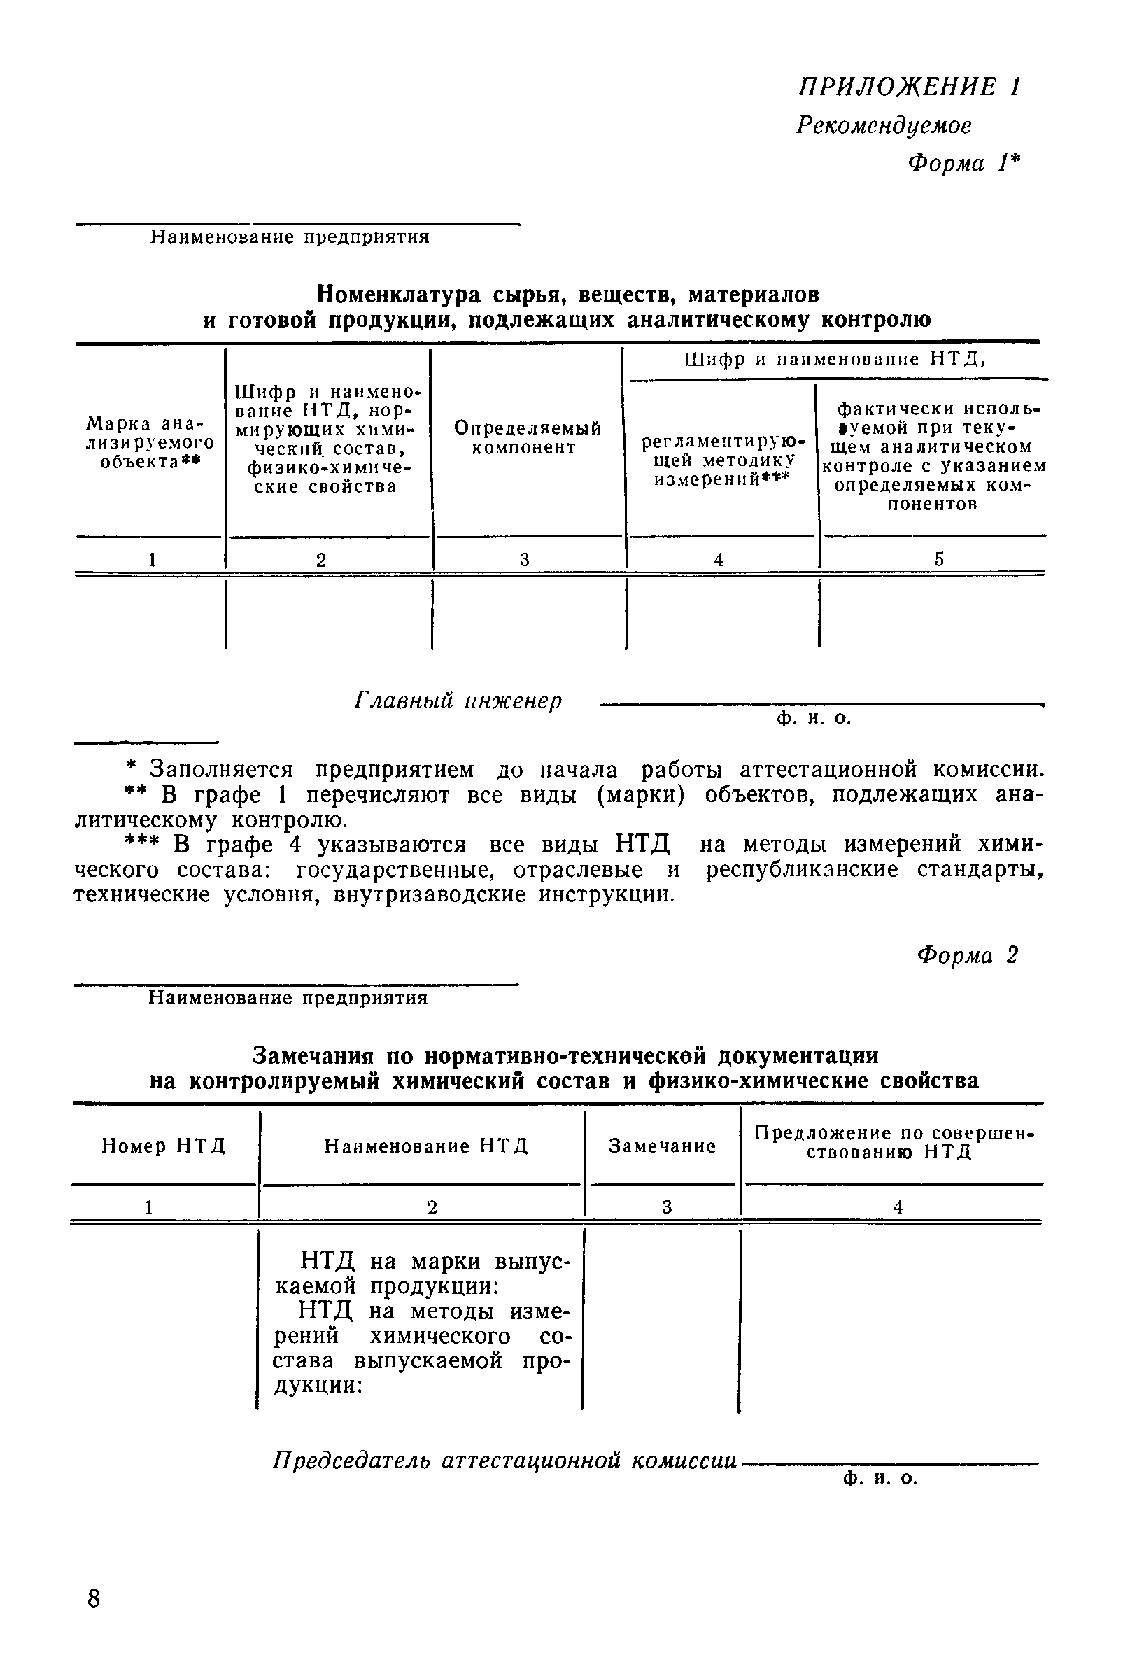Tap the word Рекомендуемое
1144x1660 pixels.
(x=884, y=126)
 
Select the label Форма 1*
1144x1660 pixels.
(x=963, y=164)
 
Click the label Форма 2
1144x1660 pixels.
(x=967, y=955)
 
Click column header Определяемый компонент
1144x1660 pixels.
(x=528, y=438)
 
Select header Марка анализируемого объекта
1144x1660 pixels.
(x=150, y=442)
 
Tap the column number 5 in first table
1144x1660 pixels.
(x=938, y=560)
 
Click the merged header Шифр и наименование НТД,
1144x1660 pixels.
(x=835, y=360)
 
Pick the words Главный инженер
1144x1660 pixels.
(x=458, y=701)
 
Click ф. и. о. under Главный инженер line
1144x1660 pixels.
(x=814, y=718)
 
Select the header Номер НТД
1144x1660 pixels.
(x=164, y=1147)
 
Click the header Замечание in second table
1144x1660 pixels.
(x=662, y=1147)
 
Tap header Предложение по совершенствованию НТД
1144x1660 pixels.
(x=894, y=1143)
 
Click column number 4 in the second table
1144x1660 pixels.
(x=898, y=1208)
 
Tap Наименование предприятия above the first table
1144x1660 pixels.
(x=290, y=238)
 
